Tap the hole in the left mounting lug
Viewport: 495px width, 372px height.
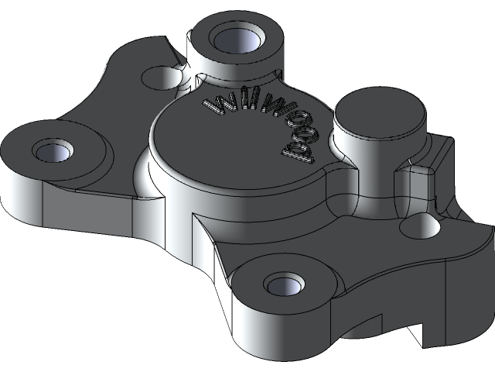pyautogui.click(x=53, y=150)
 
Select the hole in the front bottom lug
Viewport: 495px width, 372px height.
pyautogui.click(x=284, y=284)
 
